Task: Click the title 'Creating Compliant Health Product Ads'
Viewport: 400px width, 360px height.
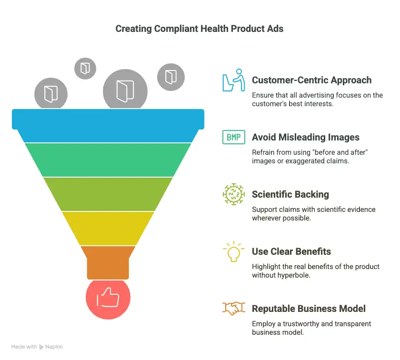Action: pyautogui.click(x=199, y=29)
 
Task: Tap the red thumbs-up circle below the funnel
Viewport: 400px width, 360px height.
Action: pyautogui.click(x=108, y=298)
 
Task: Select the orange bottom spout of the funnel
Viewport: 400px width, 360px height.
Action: pyautogui.click(x=108, y=262)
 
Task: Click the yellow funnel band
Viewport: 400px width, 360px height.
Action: pyautogui.click(x=108, y=229)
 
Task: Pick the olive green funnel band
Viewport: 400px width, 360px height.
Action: pyautogui.click(x=108, y=194)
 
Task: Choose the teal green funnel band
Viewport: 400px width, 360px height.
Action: pyautogui.click(x=108, y=160)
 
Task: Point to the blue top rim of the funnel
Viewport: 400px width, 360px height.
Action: pyautogui.click(x=108, y=126)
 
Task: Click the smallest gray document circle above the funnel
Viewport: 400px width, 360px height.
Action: pyautogui.click(x=85, y=69)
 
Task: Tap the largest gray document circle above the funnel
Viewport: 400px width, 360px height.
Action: pyautogui.click(x=125, y=90)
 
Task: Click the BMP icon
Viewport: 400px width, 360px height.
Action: pyautogui.click(x=234, y=137)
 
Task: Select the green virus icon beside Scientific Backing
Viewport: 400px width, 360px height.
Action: pyautogui.click(x=234, y=194)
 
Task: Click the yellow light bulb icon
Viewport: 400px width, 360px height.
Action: pyautogui.click(x=234, y=251)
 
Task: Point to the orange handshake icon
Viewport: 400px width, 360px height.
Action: pyautogui.click(x=234, y=308)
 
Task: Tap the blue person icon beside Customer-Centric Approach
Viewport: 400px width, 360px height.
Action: pyautogui.click(x=234, y=80)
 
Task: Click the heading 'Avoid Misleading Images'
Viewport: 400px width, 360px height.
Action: pyautogui.click(x=306, y=137)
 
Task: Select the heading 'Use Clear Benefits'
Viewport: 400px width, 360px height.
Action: pyautogui.click(x=291, y=251)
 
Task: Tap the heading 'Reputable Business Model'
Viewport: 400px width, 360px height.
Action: pyautogui.click(x=309, y=309)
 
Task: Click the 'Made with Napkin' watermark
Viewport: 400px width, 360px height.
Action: pyautogui.click(x=37, y=347)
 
